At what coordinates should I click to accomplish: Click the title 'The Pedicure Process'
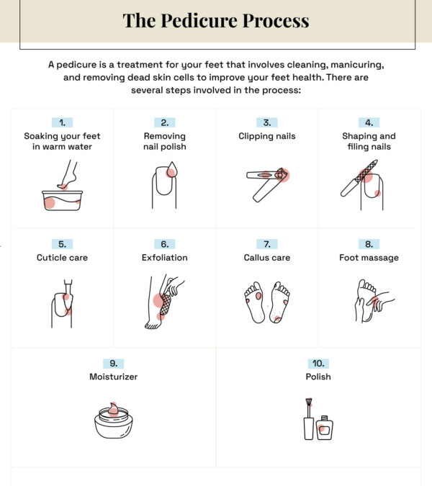tap(216, 20)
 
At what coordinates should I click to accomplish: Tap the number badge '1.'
tap(62, 122)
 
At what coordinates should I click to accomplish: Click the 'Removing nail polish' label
tap(164, 141)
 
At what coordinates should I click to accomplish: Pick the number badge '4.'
tap(369, 122)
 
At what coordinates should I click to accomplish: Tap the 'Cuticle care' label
tap(62, 258)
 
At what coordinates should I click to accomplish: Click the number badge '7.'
tap(266, 244)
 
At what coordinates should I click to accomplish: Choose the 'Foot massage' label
tap(369, 258)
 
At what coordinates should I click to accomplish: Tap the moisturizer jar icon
tap(114, 420)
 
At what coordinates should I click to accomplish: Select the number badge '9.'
tap(114, 363)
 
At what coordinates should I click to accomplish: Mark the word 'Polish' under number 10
tap(318, 377)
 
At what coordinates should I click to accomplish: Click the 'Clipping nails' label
tap(266, 136)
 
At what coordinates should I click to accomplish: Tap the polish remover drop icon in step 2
tap(171, 171)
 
